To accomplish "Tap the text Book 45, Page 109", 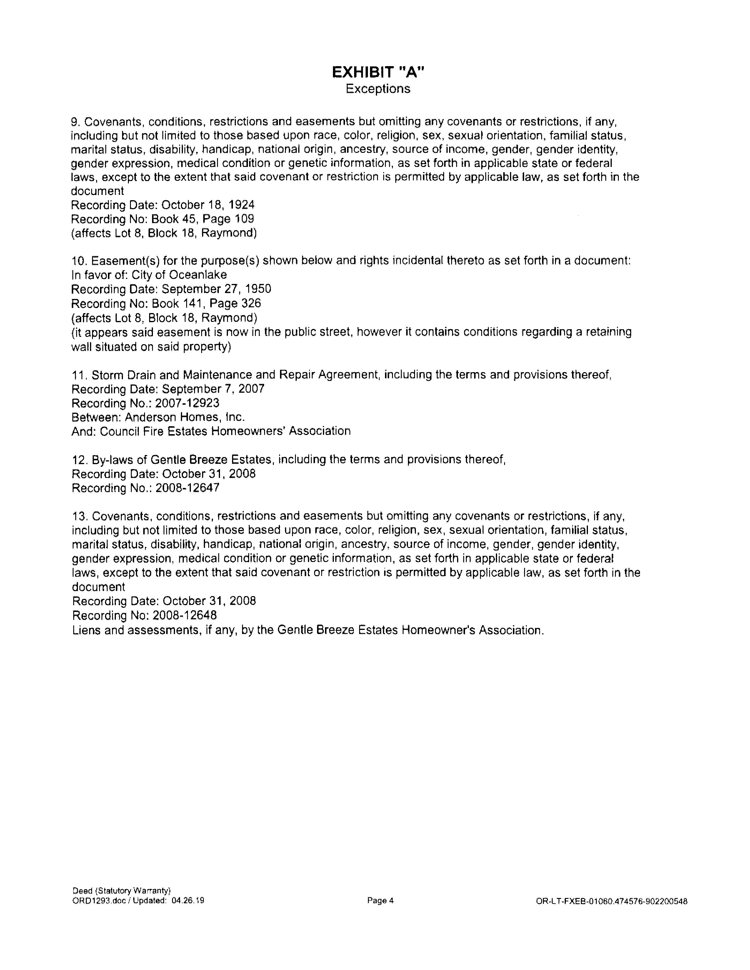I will pyautogui.click(x=203, y=219).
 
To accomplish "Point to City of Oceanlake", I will pyautogui.click(x=179, y=275).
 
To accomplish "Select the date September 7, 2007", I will pyautogui.click(x=213, y=389).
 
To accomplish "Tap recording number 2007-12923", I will pyautogui.click(x=187, y=403).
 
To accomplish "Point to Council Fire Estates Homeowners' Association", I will pyautogui.click(x=225, y=431).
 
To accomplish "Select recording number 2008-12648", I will pyautogui.click(x=184, y=616).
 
